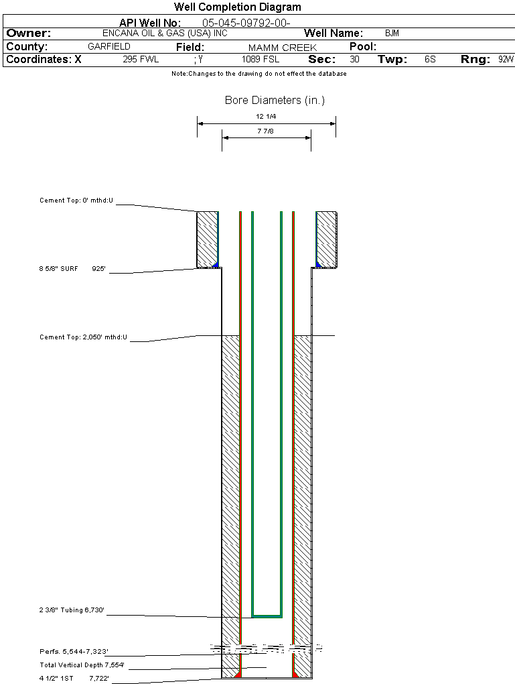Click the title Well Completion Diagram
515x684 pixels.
[237, 7]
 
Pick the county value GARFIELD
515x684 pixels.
[109, 47]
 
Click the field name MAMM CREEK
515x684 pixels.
[282, 48]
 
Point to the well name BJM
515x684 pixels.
[392, 33]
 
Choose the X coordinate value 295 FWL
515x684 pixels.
[141, 60]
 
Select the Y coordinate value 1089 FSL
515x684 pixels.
[260, 60]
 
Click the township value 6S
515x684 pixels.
[430, 60]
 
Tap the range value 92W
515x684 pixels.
[506, 60]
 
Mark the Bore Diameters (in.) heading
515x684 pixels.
[275, 101]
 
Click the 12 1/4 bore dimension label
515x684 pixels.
[266, 117]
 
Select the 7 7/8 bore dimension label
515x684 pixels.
[266, 131]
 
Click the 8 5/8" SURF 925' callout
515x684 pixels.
[72, 269]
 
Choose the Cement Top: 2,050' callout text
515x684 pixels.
[83, 337]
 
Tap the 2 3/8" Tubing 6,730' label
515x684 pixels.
[72, 611]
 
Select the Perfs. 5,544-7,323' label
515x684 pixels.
[74, 652]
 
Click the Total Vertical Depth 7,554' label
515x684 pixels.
[82, 665]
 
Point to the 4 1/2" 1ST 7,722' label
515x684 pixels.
[74, 679]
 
